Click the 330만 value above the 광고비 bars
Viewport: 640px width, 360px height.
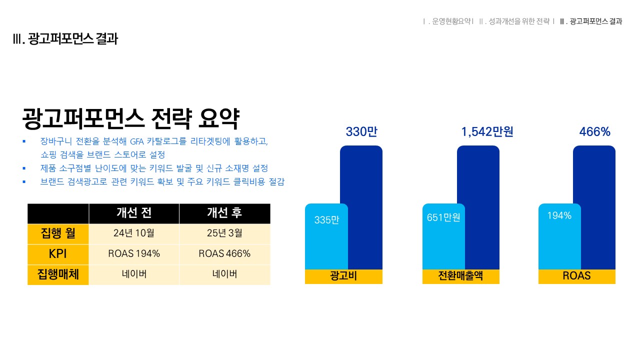coord(361,131)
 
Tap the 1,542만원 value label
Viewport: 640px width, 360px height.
coord(487,131)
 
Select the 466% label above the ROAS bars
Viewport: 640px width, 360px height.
coord(594,131)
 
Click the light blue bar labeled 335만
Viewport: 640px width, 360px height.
coord(326,236)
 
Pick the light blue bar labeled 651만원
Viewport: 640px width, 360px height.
coord(443,236)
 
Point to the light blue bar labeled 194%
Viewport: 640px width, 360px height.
coord(559,236)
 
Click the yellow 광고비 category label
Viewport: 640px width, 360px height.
coord(343,276)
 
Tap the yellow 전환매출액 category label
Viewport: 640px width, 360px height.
coord(461,276)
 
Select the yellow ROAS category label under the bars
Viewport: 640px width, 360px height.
coord(577,276)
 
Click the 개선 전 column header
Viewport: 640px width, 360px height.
coord(134,213)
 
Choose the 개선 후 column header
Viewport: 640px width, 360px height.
coord(224,213)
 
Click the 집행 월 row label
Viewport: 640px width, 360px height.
coord(58,233)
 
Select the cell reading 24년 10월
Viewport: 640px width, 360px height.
coord(134,233)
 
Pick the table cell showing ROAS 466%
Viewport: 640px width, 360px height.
coord(224,253)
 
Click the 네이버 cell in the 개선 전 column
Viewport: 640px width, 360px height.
coord(134,274)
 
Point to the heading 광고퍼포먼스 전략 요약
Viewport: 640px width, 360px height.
coord(130,118)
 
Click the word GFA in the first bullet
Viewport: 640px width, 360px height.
coord(136,141)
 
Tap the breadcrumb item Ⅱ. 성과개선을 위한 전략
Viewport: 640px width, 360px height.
coord(514,21)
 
